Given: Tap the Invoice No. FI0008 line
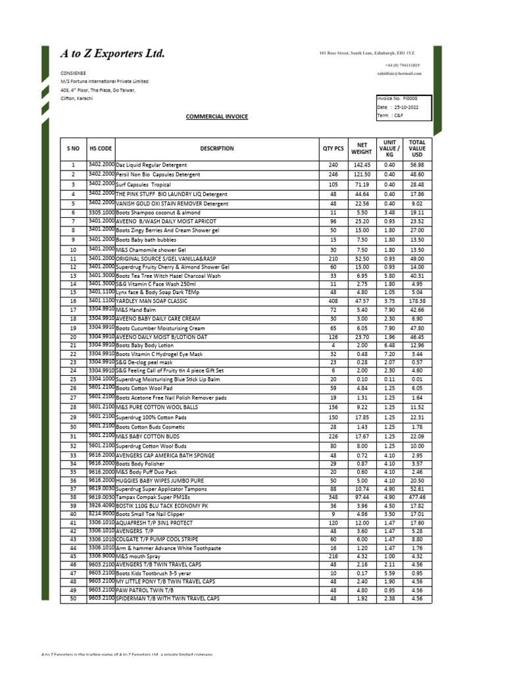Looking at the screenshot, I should pos(398,97).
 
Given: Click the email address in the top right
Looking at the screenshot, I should pos(395,74).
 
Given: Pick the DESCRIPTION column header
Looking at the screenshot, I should pos(217,148).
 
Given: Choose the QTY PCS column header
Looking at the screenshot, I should pos(333,148).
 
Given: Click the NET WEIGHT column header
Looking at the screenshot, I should pos(362,148).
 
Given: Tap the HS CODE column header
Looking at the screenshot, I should pos(101,148).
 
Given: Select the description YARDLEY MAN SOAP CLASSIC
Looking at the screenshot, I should pos(151,300).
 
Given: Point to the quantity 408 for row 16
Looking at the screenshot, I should pos(333,300).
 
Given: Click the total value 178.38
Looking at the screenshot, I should pos(417,300).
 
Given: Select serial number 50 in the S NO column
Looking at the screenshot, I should pos(73,598).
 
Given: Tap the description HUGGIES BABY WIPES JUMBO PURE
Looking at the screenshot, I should pos(158,480).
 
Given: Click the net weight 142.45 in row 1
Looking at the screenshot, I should pos(362,165).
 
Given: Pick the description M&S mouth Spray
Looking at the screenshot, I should pos(137,556).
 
